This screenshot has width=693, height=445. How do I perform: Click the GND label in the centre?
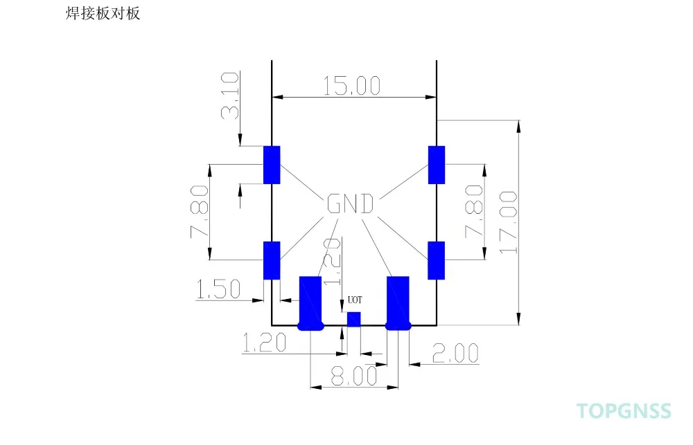click(x=350, y=203)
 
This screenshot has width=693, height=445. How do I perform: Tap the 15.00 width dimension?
click(x=352, y=86)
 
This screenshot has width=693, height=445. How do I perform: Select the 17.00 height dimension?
click(x=508, y=223)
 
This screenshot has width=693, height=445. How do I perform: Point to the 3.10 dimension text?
click(x=230, y=96)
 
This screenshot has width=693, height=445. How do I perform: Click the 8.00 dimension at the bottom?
click(x=354, y=376)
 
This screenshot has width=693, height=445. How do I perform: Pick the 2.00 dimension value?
click(x=455, y=353)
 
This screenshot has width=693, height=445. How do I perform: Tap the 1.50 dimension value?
click(x=218, y=289)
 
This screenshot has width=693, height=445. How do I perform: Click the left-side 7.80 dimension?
click(x=200, y=212)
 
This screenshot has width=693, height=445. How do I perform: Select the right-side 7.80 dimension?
click(x=474, y=212)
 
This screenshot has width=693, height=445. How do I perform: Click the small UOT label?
click(x=355, y=300)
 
